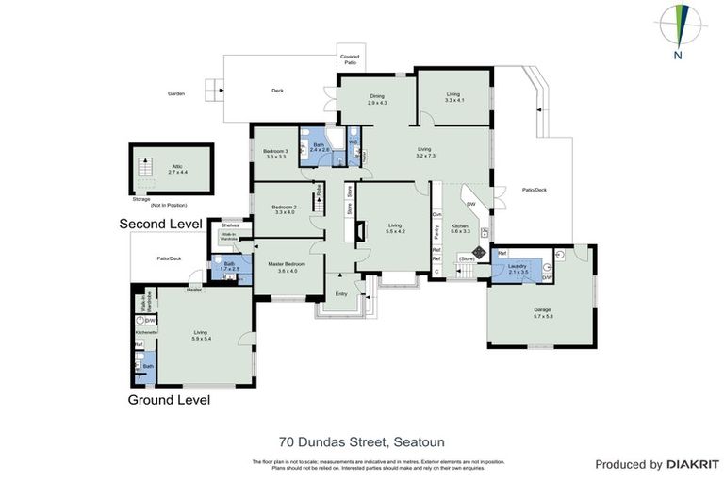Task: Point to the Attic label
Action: point(171,168)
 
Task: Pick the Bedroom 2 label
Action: point(284,209)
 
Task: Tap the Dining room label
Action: point(377,98)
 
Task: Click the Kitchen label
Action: point(460,227)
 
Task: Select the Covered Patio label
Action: point(350,59)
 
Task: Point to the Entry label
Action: point(341,294)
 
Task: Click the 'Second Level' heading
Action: point(160,224)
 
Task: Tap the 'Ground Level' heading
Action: point(168,400)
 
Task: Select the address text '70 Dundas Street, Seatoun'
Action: point(361,441)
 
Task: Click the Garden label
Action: point(176,93)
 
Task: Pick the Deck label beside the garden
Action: point(277,91)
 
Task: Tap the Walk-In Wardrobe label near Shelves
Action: point(230,240)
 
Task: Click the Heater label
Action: point(193,290)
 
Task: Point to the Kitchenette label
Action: point(147,333)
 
